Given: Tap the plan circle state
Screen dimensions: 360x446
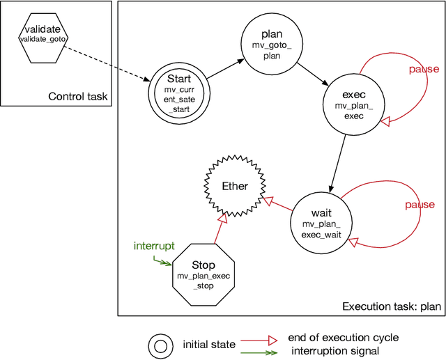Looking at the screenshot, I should coord(271,42).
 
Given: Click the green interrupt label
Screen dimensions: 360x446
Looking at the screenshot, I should coord(154,246).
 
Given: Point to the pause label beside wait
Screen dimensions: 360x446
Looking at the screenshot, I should coord(421,205).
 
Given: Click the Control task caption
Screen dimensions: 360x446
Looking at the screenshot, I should coord(77,96).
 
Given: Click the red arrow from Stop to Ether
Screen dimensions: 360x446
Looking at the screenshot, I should coord(217,230).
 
